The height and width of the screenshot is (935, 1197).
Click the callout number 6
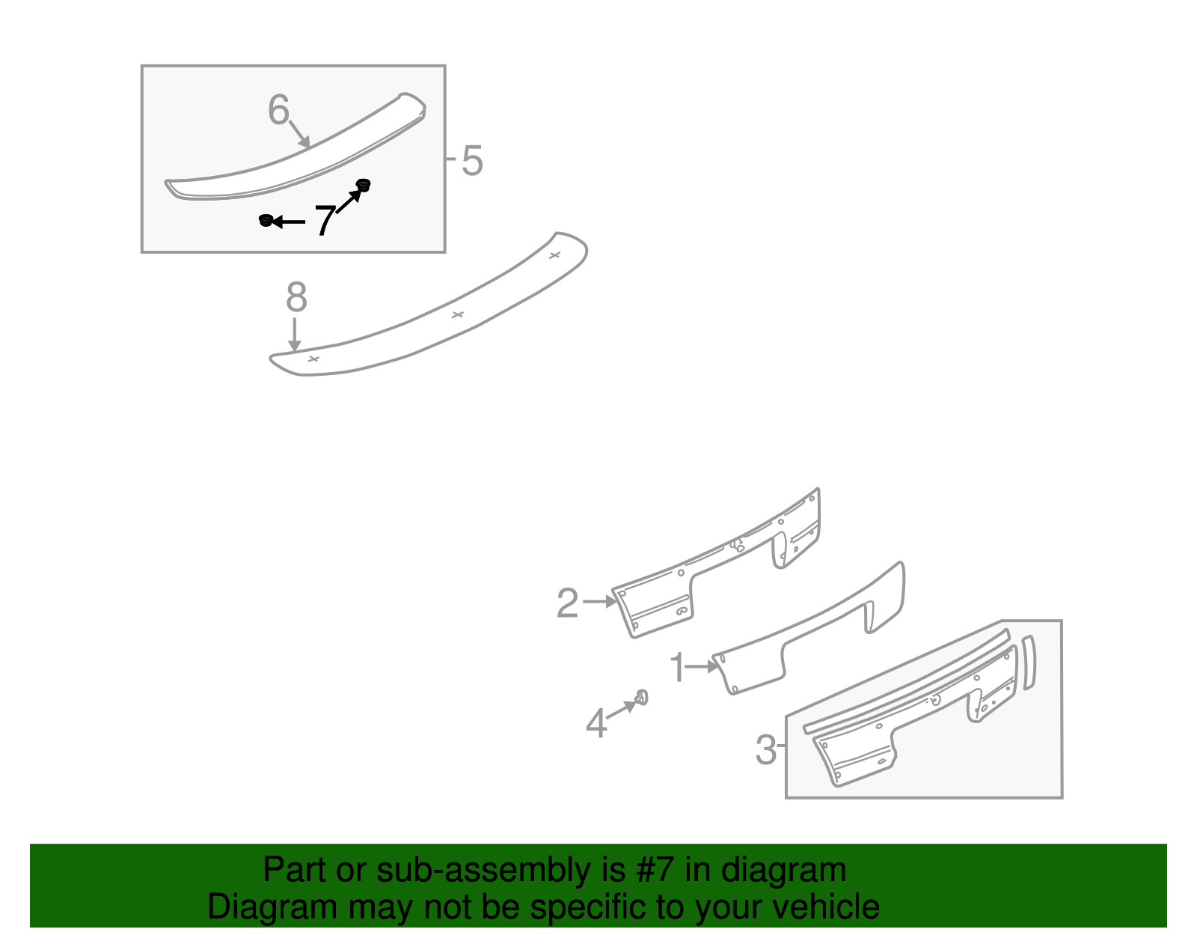point(278,109)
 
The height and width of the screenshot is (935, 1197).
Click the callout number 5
point(472,161)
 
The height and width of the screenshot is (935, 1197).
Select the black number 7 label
point(325,220)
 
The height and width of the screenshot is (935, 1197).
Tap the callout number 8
point(296,296)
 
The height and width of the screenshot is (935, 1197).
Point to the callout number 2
point(567,602)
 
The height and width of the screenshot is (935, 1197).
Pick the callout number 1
point(677,667)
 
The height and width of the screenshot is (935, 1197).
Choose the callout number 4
point(596,722)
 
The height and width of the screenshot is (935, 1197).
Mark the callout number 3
point(765,749)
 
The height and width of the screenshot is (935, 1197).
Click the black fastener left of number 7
point(266,220)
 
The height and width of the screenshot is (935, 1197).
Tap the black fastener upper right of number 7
point(364,185)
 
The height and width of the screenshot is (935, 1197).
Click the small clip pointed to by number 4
point(642,698)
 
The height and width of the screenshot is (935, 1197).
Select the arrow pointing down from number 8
point(295,334)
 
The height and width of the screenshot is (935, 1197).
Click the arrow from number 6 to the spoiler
point(300,135)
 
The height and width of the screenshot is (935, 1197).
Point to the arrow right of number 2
point(600,601)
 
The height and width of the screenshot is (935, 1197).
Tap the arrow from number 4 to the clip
point(622,709)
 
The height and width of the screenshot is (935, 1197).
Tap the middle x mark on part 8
point(457,314)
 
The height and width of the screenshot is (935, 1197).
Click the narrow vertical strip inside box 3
point(1029,663)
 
